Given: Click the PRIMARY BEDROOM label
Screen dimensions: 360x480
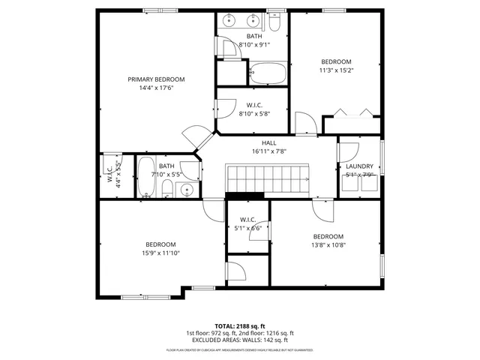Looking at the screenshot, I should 156,79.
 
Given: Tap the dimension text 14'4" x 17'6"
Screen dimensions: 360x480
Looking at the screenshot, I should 156,88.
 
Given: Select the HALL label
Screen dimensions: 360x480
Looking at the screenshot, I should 269,142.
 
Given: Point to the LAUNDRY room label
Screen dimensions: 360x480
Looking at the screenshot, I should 359,166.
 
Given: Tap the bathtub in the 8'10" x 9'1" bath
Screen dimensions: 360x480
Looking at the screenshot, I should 267,73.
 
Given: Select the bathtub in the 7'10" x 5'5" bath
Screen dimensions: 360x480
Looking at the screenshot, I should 145,177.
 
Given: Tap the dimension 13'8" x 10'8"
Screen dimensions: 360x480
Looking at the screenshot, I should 328,244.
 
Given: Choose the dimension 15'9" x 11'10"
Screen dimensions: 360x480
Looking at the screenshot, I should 160,253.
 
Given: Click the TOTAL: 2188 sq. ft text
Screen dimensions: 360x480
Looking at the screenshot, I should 239,326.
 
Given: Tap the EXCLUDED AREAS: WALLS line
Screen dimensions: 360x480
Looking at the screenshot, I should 239,340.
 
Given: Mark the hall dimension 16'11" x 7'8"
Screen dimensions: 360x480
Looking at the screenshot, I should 269,151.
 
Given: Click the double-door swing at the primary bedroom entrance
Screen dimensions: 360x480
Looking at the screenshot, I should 192,137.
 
